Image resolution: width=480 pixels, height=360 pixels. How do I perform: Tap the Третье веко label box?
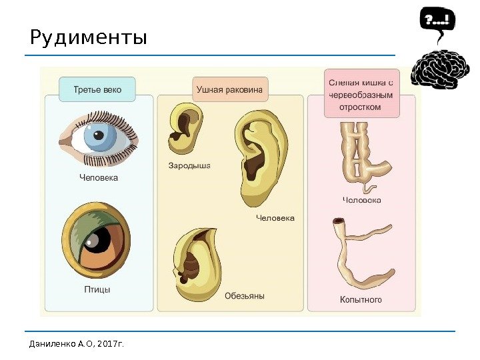97,89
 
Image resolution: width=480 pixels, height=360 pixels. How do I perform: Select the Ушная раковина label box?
229,89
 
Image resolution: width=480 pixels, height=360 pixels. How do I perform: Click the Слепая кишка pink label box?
361,94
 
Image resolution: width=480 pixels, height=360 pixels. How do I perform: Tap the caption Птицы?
97,290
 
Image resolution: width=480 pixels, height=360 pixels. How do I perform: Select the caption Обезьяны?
244,296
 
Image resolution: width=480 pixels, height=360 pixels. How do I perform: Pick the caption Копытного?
361,300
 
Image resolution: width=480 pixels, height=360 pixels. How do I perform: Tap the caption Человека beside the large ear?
275,218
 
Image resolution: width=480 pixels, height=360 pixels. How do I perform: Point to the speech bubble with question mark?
437,21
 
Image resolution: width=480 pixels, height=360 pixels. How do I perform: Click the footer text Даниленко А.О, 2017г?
77,344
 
